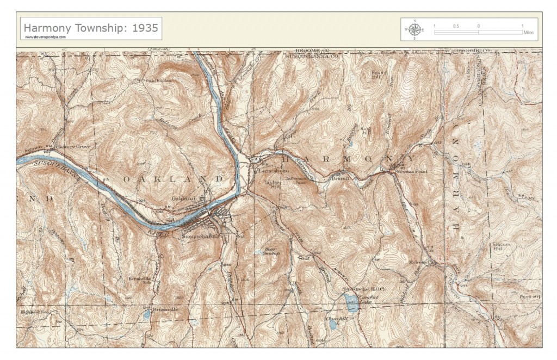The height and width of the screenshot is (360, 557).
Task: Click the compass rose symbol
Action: pyautogui.click(x=414, y=29)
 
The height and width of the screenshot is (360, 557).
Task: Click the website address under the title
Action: pyautogui.click(x=45, y=37)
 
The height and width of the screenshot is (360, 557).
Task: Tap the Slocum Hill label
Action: pyautogui.click(x=501, y=247)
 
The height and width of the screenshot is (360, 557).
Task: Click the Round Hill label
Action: pyautogui.click(x=379, y=75)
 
